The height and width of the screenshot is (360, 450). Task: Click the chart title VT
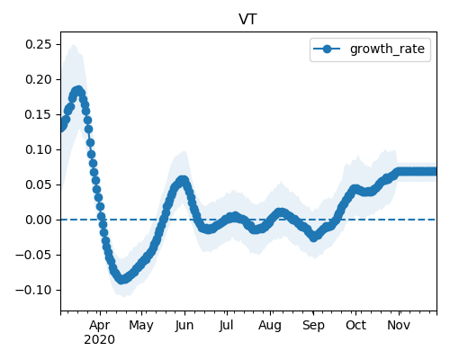pos(247,20)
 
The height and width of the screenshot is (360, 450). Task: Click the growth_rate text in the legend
pos(387,49)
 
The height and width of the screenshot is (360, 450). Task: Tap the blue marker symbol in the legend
pos(327,49)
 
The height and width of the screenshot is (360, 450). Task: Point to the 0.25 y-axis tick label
pos(39,44)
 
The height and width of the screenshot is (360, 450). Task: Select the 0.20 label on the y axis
pos(39,79)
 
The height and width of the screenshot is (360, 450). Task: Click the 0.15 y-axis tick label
pos(39,114)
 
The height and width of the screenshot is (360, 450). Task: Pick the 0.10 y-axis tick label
pos(39,149)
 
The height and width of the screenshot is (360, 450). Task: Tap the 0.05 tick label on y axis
pos(39,184)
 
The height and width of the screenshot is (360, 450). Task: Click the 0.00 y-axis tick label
pos(39,220)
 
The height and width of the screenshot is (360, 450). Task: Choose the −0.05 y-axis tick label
pos(34,255)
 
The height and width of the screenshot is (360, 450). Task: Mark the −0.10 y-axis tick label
pos(34,290)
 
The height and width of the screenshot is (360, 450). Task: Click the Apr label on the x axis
pos(100,326)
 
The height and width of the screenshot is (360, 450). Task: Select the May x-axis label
pos(141,326)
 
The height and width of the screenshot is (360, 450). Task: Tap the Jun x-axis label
pos(184,326)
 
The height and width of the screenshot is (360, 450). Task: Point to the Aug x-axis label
pos(270,326)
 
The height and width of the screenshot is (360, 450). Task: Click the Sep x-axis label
pos(313,326)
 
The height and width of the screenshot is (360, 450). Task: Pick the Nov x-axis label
pos(399,326)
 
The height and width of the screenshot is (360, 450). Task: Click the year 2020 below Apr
pos(99,340)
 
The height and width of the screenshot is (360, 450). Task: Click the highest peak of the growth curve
pos(78,90)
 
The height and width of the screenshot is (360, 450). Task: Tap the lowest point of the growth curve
pos(121,280)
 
